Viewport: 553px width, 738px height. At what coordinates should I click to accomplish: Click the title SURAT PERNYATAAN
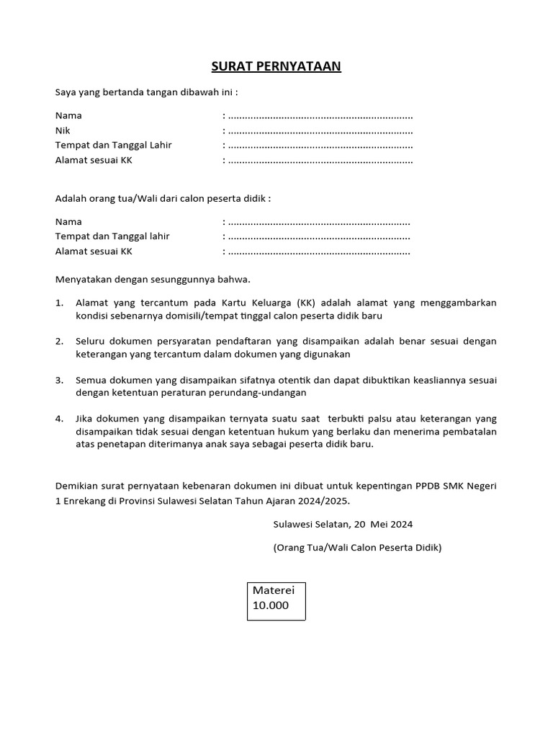click(x=276, y=67)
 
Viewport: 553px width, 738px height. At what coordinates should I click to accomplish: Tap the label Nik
click(x=63, y=130)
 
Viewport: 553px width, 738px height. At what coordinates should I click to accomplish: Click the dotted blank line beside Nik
click(x=320, y=131)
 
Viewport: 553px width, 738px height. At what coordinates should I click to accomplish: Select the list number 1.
click(x=59, y=303)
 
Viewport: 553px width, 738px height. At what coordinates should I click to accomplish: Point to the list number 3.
click(x=59, y=380)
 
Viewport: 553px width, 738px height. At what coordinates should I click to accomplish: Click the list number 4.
click(x=59, y=419)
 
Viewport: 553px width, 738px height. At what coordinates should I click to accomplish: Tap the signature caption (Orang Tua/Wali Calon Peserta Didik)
click(x=357, y=547)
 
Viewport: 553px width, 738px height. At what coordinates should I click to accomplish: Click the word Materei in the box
click(x=274, y=590)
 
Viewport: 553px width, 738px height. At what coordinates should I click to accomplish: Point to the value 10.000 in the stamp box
click(x=270, y=605)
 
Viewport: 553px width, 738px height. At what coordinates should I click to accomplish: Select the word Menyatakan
click(x=82, y=279)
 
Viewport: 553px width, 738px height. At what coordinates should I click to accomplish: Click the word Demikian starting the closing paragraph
click(x=77, y=486)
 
